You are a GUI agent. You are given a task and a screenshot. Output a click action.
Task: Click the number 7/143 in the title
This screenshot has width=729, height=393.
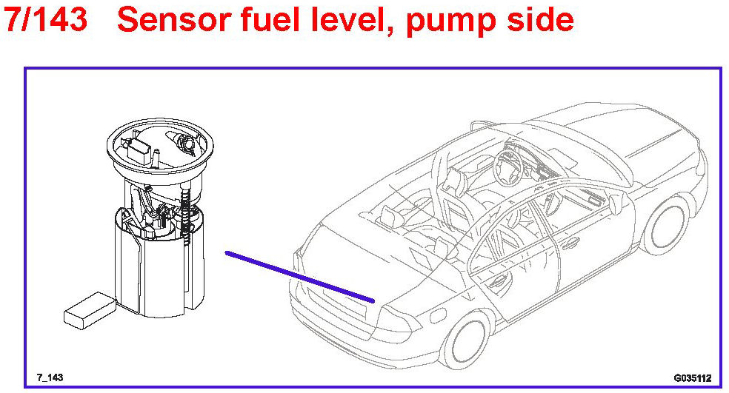[x=47, y=20]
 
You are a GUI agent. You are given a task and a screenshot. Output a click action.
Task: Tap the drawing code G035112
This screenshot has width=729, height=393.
[x=690, y=376]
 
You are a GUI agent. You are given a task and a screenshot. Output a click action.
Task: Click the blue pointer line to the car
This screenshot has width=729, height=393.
[x=299, y=276]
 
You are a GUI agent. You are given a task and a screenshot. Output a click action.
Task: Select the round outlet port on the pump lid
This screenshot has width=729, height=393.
[x=183, y=140]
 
